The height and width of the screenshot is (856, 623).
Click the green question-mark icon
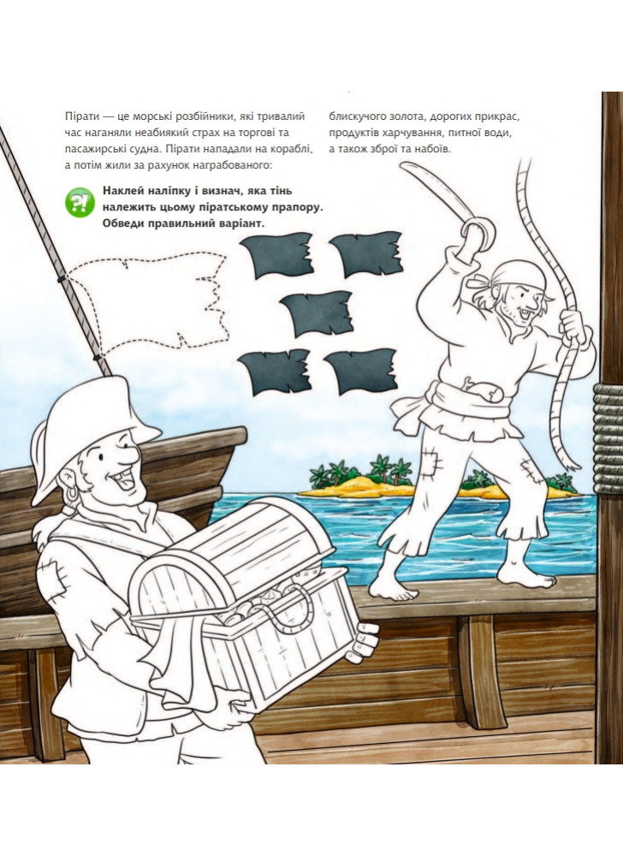coord(80,201)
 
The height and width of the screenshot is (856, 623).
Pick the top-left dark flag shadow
coord(277,255)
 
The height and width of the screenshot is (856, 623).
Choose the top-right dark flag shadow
coord(366,254)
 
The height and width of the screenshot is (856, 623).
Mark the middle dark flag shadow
coord(317,314)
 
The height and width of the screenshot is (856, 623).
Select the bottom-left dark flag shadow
coord(275,373)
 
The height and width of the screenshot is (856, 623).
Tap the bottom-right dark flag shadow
coord(360,372)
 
